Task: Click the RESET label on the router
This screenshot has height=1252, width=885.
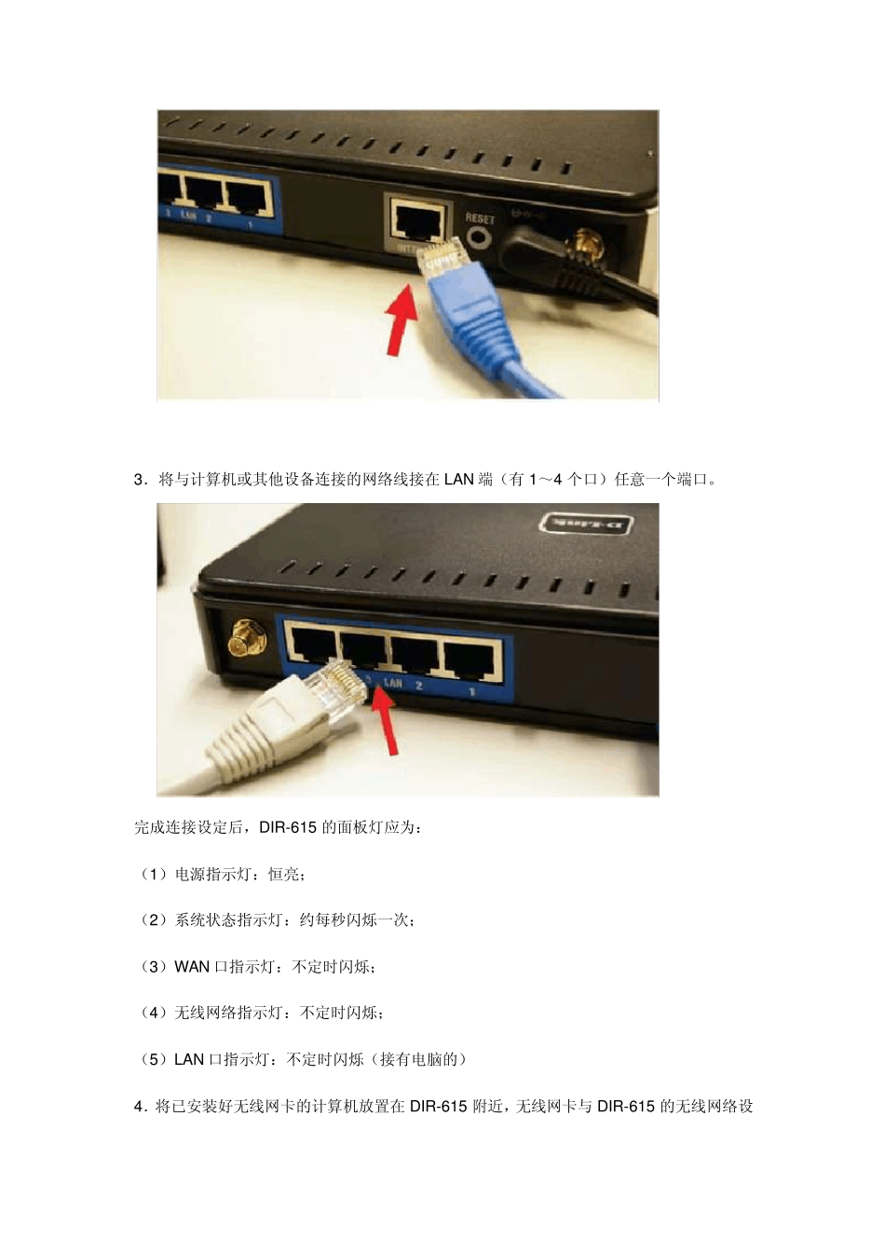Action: [480, 218]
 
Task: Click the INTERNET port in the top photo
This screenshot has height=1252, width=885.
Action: [417, 221]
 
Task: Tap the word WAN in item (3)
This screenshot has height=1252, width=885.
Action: [192, 967]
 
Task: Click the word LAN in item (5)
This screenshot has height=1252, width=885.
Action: [189, 1059]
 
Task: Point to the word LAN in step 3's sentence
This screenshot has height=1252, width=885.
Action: [458, 481]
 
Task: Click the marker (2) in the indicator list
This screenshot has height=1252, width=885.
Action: [153, 920]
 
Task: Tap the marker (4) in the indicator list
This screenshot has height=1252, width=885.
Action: [153, 1013]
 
